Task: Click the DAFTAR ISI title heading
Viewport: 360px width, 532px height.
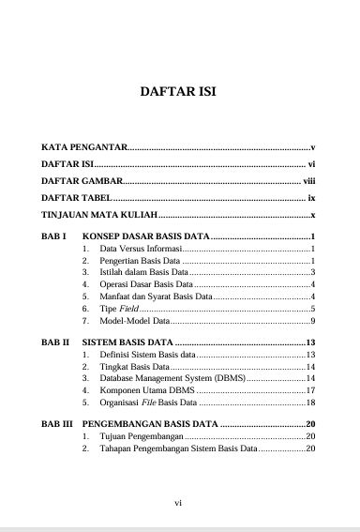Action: (180, 94)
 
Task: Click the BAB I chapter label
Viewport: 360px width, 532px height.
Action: (53, 236)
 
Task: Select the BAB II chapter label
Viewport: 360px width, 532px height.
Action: (55, 342)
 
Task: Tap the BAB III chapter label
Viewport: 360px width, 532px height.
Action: (57, 425)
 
